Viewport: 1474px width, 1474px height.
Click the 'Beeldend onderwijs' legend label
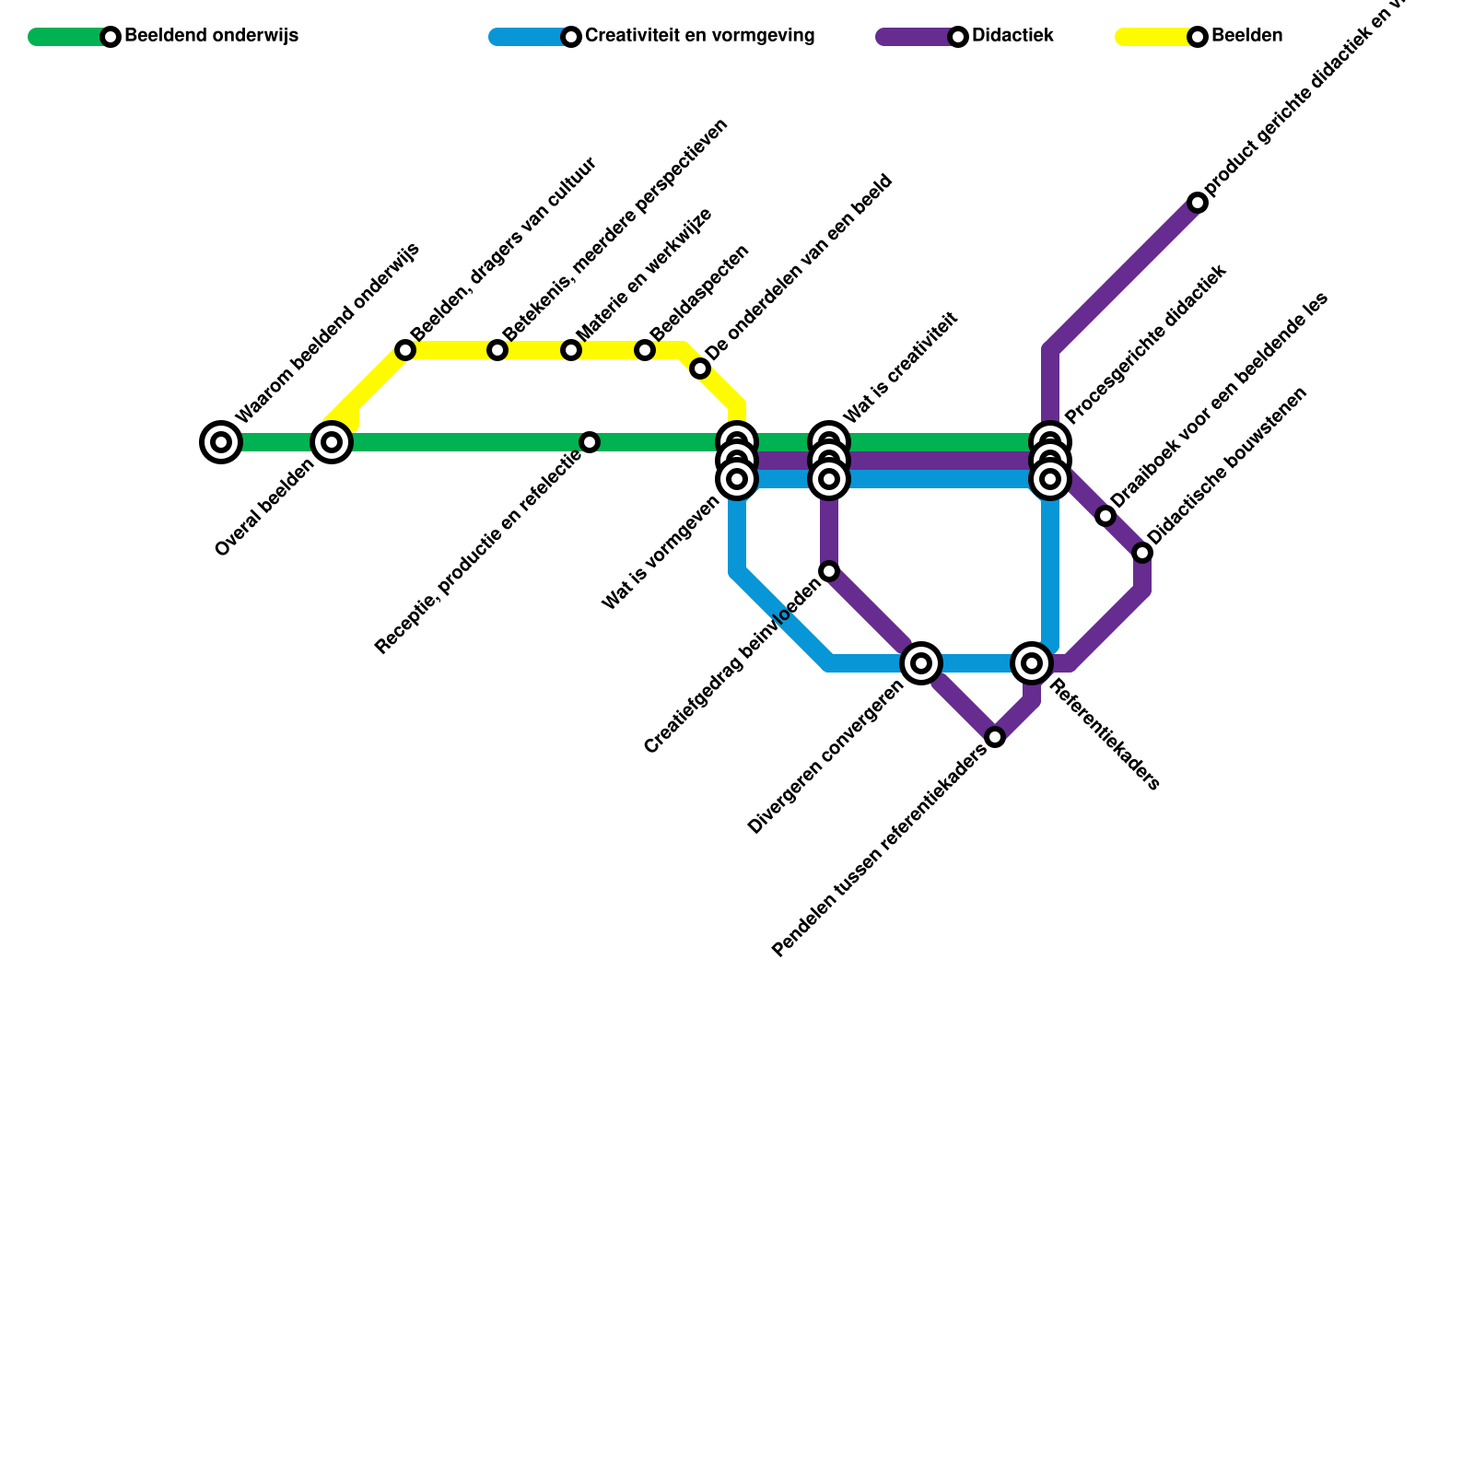pos(211,37)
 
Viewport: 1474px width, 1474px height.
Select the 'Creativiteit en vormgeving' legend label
pos(699,37)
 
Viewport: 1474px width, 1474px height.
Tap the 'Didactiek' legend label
pos(1012,37)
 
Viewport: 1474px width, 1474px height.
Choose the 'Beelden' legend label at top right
pos(1246,37)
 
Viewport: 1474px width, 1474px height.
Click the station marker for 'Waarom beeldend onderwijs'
pos(221,442)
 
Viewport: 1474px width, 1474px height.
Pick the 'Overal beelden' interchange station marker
pos(332,442)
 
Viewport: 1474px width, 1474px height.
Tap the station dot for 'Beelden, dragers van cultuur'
pos(405,350)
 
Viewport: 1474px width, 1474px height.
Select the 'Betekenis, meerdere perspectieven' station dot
pos(497,350)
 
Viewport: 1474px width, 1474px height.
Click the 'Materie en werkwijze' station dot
pos(571,350)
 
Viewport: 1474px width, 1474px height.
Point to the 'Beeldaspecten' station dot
pos(645,350)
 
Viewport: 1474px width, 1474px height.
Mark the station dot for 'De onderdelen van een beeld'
pos(700,369)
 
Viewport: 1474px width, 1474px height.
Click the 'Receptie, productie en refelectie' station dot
pos(590,442)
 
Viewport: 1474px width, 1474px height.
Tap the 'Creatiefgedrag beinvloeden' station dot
pos(829,571)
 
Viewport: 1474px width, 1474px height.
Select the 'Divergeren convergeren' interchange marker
pos(921,663)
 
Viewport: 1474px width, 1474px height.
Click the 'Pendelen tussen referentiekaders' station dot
pos(995,737)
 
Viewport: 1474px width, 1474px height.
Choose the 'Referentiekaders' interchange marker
pos(1032,663)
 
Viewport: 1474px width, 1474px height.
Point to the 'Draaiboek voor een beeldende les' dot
pos(1105,516)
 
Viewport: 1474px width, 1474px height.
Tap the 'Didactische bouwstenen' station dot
pos(1142,553)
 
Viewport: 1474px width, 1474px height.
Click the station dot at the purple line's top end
pos(1198,203)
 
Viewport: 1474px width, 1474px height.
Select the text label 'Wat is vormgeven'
pos(661,553)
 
